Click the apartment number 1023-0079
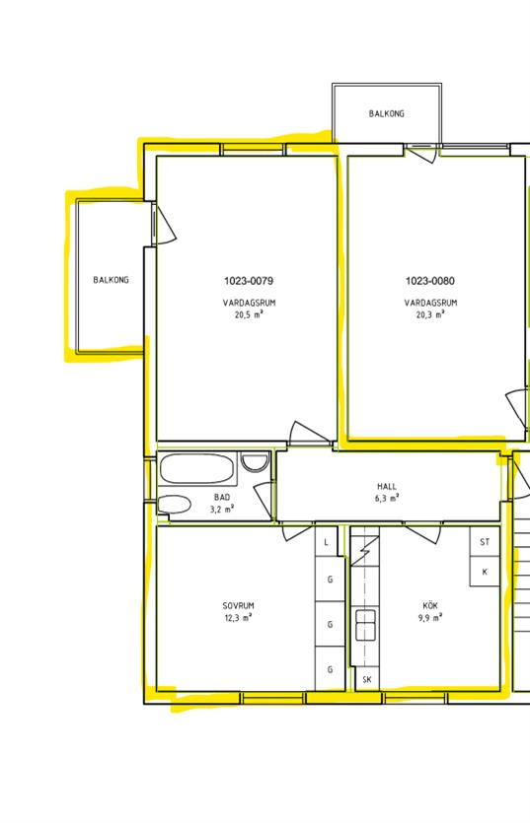pos(249,281)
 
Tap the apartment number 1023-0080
pos(430,281)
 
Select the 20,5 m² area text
pos(249,315)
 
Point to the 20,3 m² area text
pos(430,315)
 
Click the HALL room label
pos(387,487)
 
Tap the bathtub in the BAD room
pos(197,468)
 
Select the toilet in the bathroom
pos(174,505)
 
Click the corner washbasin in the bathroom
pos(255,461)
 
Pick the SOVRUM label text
pos(238,606)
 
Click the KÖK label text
pos(430,606)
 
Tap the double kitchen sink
pos(365,625)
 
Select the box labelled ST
pos(485,542)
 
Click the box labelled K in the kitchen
pos(485,572)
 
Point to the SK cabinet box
pos(367,680)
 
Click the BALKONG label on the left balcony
pos(111,280)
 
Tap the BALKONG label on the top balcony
pos(387,113)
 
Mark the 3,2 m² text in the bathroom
pos(222,510)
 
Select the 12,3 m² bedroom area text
pos(238,618)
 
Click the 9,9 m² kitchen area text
pos(430,618)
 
